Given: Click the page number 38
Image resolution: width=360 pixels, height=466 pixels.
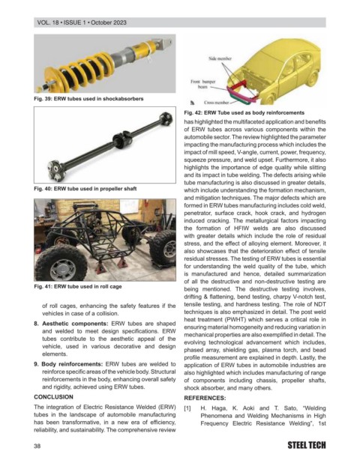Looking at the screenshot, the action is coord(37,446).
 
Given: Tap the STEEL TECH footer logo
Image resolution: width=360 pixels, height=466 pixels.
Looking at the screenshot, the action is coord(307,445).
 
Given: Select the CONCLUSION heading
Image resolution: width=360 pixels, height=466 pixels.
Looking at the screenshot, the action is coord(53,397).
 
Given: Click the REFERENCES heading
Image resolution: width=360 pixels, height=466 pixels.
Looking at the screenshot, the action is coord(205,398).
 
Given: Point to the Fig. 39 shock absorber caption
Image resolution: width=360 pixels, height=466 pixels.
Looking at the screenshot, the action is coord(88,99).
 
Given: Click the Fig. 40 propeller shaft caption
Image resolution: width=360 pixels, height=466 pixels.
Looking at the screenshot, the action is coord(85,189).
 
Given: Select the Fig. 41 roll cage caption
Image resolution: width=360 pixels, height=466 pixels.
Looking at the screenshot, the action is coord(78,286).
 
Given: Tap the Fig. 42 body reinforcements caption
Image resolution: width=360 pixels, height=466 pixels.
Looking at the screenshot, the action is coord(244,113).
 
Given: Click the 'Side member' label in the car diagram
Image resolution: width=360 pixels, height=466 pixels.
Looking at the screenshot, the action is coord(220,58).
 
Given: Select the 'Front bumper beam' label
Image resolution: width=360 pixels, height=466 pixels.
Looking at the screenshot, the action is coord(203,84).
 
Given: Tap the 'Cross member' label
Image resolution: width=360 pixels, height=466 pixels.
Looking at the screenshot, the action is coord(216,103).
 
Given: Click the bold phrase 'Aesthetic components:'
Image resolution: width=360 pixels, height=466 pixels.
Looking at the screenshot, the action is coord(75,324).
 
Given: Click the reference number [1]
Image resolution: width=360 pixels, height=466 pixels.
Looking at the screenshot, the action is coord(187,408).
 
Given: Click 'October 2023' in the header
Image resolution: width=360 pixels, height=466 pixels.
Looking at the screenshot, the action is coord(109,22).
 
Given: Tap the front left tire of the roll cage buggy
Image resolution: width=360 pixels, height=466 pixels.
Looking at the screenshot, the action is coord(61,264).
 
